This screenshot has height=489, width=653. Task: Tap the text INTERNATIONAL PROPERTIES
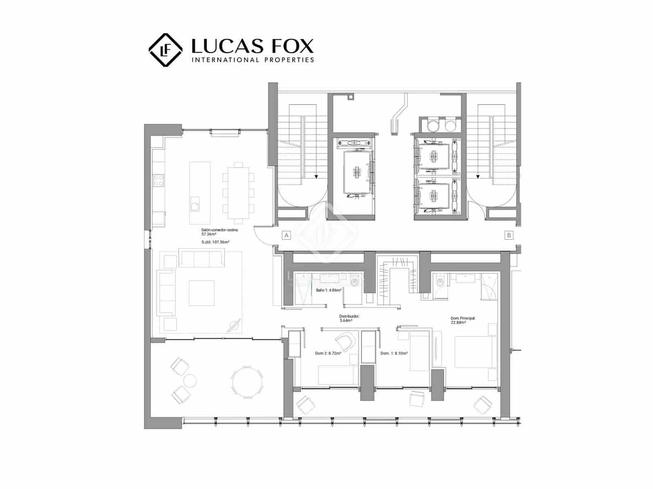click(253, 60)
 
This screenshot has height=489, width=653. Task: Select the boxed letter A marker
click(287, 235)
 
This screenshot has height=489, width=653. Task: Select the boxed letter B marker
click(509, 235)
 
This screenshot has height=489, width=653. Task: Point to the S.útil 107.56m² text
click(215, 242)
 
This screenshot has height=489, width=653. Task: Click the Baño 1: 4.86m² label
click(329, 290)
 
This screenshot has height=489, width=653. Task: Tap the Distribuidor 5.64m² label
click(349, 318)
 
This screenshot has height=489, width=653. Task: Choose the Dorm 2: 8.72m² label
click(328, 353)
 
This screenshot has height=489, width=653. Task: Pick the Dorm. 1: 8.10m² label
click(394, 353)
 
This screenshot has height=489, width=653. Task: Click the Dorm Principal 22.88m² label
click(463, 320)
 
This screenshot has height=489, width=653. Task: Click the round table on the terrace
click(247, 381)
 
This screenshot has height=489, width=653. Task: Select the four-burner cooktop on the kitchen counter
click(158, 181)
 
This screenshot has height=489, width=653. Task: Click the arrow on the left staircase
click(316, 177)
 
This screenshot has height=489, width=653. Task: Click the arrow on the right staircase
click(477, 177)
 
